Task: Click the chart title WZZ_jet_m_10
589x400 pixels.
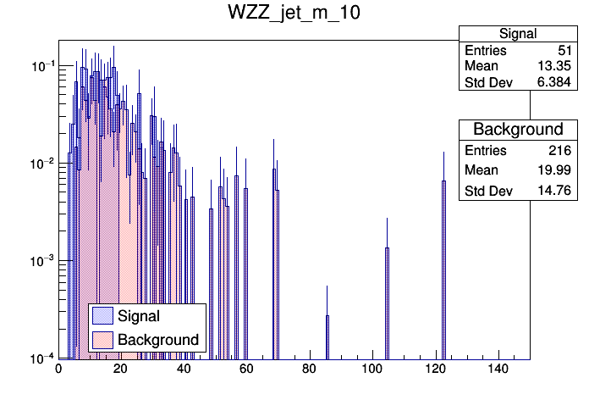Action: coord(294,14)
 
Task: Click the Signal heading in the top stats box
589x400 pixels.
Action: coord(517,33)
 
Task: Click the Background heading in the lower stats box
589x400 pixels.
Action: coord(518,130)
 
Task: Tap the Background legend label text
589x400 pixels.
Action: coord(158,340)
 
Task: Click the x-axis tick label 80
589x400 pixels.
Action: coord(309,369)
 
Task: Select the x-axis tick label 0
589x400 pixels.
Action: coord(58,369)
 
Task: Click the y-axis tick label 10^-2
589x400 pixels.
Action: coord(37,164)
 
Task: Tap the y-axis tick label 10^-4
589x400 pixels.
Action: coord(37,358)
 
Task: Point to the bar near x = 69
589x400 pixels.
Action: coord(275,263)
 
